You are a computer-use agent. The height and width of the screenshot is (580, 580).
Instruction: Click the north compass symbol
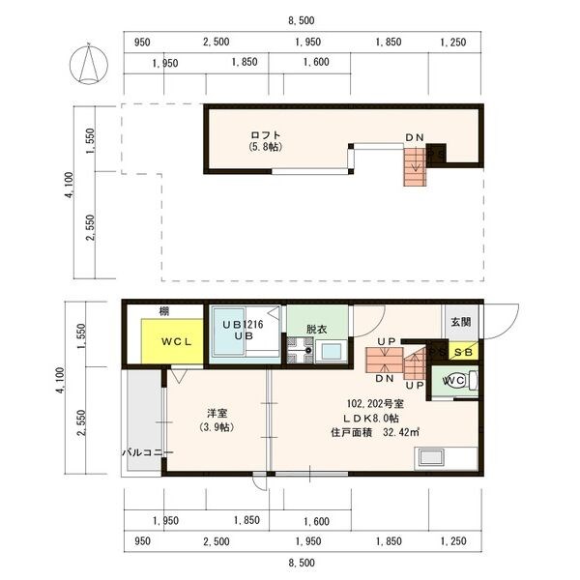(89, 64)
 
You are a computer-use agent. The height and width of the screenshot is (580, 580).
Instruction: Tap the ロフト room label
(266, 134)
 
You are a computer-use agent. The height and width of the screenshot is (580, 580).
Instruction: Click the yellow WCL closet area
(172, 341)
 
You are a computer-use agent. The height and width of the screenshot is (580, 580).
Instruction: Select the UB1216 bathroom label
(243, 325)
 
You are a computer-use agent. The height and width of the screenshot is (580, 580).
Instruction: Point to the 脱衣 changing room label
(317, 329)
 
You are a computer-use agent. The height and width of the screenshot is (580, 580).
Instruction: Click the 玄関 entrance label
(461, 322)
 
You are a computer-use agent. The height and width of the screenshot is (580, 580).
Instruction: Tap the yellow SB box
(463, 352)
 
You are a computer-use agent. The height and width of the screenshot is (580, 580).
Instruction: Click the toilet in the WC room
(461, 381)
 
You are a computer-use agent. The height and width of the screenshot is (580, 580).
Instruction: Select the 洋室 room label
(217, 413)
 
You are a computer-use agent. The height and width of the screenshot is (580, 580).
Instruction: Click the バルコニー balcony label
(147, 452)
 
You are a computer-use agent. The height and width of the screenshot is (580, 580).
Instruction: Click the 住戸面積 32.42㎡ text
(375, 432)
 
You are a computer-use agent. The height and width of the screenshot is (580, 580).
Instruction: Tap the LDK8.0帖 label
(371, 419)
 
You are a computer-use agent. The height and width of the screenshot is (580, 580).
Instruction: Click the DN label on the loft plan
(415, 137)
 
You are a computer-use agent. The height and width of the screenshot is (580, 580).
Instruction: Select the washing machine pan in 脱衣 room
(301, 350)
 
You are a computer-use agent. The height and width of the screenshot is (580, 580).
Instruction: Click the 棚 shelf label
(164, 311)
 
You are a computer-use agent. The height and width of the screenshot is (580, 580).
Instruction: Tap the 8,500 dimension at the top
(302, 20)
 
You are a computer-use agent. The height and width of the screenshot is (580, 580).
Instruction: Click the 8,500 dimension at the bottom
(302, 563)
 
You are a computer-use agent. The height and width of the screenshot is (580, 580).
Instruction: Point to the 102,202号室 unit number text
(375, 404)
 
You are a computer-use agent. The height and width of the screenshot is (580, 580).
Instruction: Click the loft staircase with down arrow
(415, 166)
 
